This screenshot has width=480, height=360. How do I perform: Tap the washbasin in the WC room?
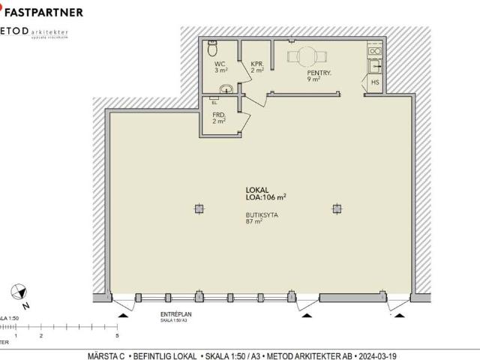point(225,89)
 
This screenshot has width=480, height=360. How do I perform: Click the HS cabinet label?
point(374,82)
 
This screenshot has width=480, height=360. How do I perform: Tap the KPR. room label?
point(256,64)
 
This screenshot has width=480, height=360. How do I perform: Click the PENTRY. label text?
point(319,73)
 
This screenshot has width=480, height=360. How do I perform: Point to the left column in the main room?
point(198,208)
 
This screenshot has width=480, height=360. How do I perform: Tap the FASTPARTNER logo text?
point(45,12)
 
